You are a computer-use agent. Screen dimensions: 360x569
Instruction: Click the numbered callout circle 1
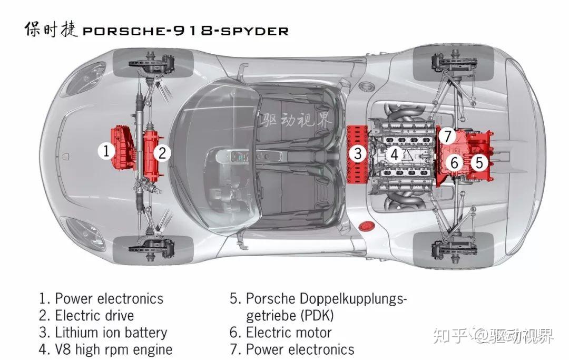point(106,152)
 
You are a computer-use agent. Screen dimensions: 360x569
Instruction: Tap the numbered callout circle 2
point(162,153)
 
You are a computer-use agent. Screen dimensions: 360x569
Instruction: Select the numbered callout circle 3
point(358,154)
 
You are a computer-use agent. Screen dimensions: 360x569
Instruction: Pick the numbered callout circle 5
point(478,162)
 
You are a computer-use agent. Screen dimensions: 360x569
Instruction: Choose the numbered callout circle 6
point(455,163)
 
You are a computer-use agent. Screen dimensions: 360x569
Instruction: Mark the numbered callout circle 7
point(447,136)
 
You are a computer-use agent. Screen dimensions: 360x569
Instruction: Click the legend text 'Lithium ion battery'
point(111,333)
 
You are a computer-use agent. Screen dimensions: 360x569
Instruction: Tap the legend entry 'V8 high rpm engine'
point(113,349)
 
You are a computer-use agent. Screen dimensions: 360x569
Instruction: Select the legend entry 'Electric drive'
point(94,316)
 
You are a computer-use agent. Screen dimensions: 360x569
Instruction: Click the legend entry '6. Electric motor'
point(281,333)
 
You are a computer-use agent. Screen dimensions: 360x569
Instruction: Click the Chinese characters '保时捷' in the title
point(51,30)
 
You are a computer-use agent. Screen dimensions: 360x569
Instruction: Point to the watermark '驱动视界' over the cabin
point(296,121)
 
